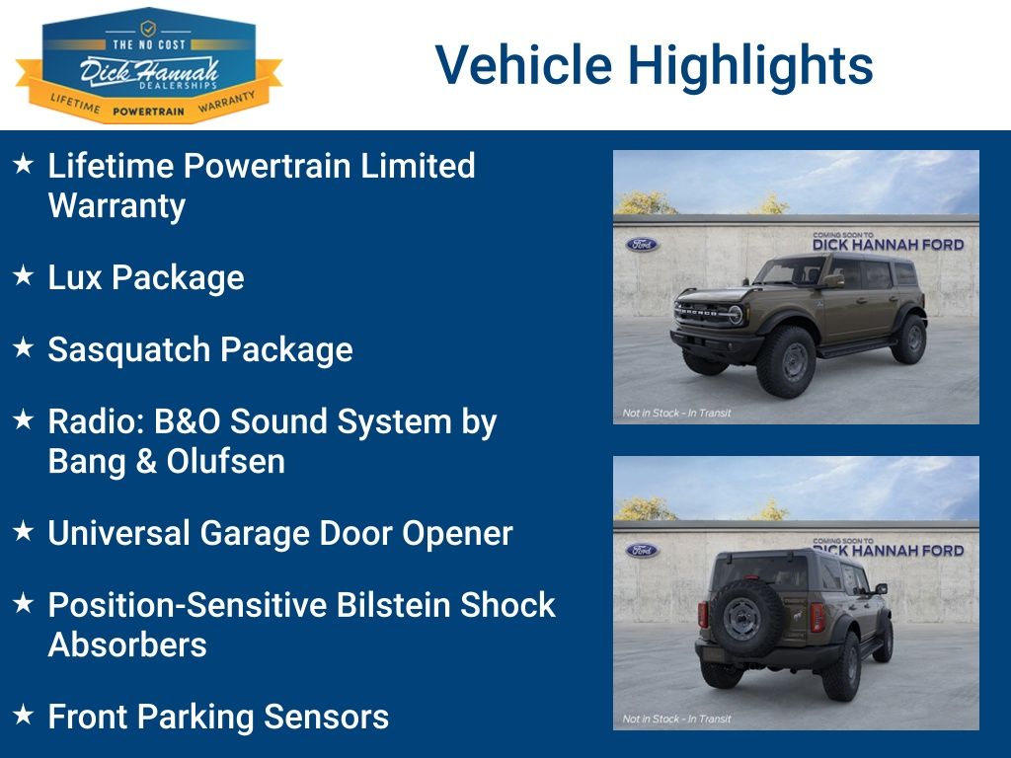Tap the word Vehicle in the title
(523, 64)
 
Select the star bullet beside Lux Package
(24, 275)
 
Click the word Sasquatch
(129, 350)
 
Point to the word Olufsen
(226, 462)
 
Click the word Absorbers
(127, 644)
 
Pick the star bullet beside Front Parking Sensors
(24, 715)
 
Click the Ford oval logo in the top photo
(642, 245)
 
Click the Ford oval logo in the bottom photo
(642, 551)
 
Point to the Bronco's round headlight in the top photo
(736, 315)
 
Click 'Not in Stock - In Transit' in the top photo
(677, 414)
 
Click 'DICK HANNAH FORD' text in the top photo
(889, 245)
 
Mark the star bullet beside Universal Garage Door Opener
(24, 531)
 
